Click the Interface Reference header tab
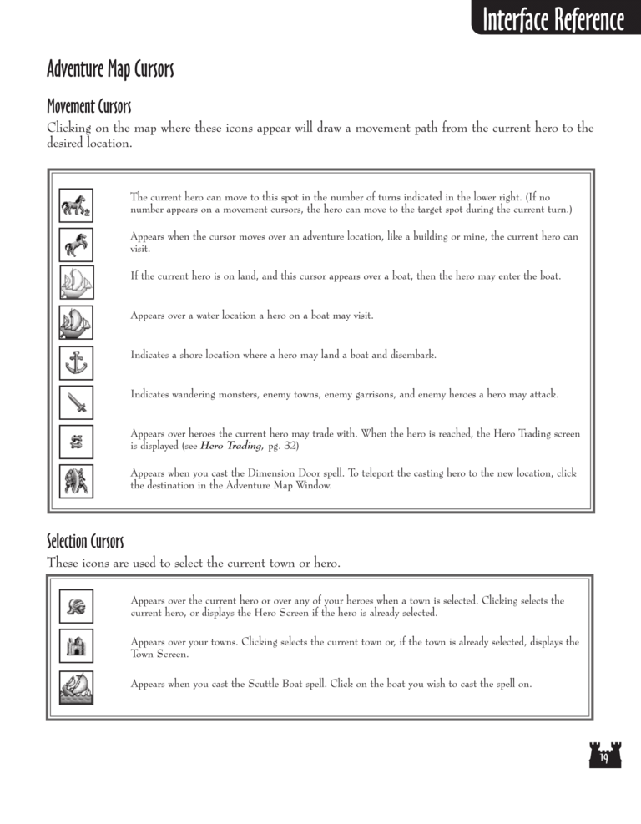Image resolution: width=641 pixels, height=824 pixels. [553, 18]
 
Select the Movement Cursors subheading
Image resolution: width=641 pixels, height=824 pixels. [88, 106]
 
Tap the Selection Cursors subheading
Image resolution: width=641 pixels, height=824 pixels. [85, 543]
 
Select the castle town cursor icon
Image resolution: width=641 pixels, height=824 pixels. [77, 646]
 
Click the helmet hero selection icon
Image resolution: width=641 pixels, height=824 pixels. [77, 606]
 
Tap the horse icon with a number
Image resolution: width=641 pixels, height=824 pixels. [77, 204]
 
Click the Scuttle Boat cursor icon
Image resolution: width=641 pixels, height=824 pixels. [77, 686]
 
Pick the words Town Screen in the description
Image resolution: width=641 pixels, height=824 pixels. [159, 655]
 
